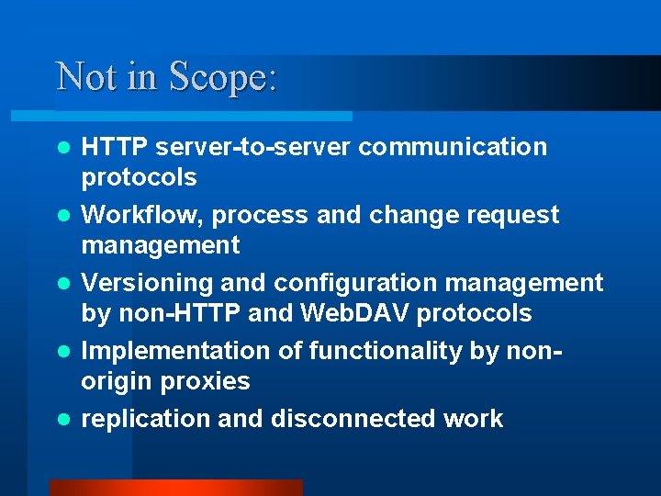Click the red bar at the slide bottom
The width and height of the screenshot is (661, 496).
pos(175,488)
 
